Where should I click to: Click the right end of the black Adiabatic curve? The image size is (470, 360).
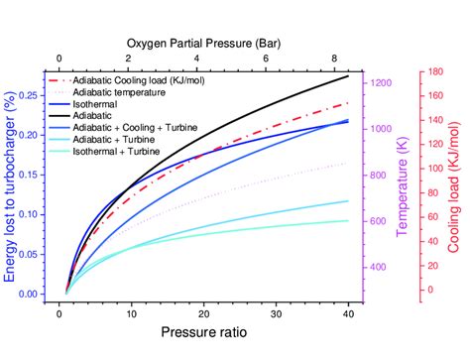(x=348, y=76)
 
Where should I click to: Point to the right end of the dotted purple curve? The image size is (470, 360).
(x=348, y=163)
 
